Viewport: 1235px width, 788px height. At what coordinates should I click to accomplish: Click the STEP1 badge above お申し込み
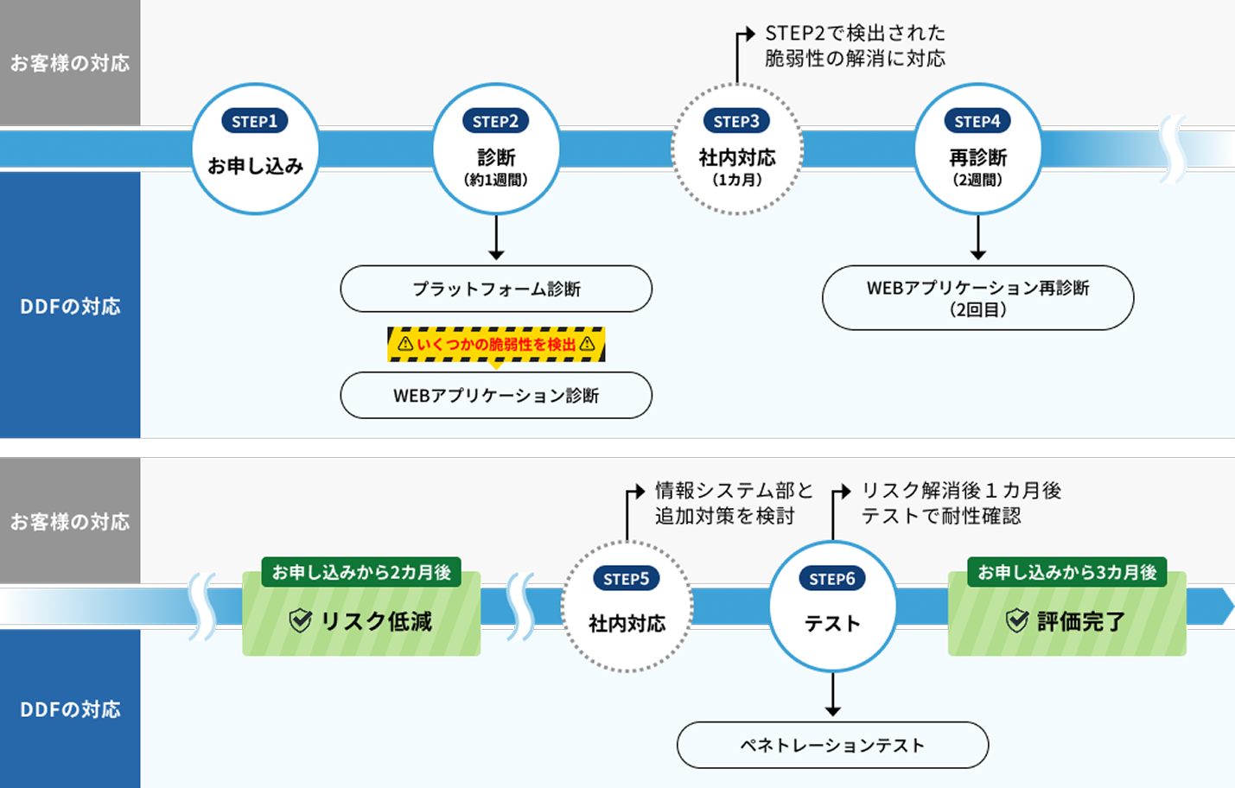(254, 122)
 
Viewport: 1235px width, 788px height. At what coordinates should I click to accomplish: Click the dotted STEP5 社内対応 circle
(627, 607)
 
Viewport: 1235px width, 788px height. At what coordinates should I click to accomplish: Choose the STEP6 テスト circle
(832, 607)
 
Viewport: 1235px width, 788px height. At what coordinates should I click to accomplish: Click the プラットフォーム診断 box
(496, 289)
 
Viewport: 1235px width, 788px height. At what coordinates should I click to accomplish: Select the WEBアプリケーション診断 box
(496, 396)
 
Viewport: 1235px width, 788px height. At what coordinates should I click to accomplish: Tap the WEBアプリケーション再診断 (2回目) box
(977, 298)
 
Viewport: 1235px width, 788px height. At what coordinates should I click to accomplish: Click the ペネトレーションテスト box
(832, 745)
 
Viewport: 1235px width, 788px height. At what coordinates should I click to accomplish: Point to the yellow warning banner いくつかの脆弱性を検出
(496, 344)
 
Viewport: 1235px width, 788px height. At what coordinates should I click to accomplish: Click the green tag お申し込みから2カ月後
(361, 572)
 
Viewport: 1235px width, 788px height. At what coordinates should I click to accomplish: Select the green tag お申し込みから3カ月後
(1067, 572)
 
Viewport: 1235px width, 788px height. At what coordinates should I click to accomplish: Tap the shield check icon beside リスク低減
(300, 620)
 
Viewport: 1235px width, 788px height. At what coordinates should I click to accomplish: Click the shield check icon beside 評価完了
(1017, 620)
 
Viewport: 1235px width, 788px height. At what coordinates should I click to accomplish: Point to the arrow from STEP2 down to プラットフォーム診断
(496, 238)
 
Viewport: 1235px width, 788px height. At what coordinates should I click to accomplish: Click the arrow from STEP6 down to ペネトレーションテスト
(832, 695)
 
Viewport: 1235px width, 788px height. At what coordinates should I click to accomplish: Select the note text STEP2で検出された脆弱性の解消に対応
(855, 46)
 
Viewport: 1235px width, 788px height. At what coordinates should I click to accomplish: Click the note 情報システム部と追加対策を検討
(734, 503)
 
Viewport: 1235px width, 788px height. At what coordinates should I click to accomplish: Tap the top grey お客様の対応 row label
(70, 63)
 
